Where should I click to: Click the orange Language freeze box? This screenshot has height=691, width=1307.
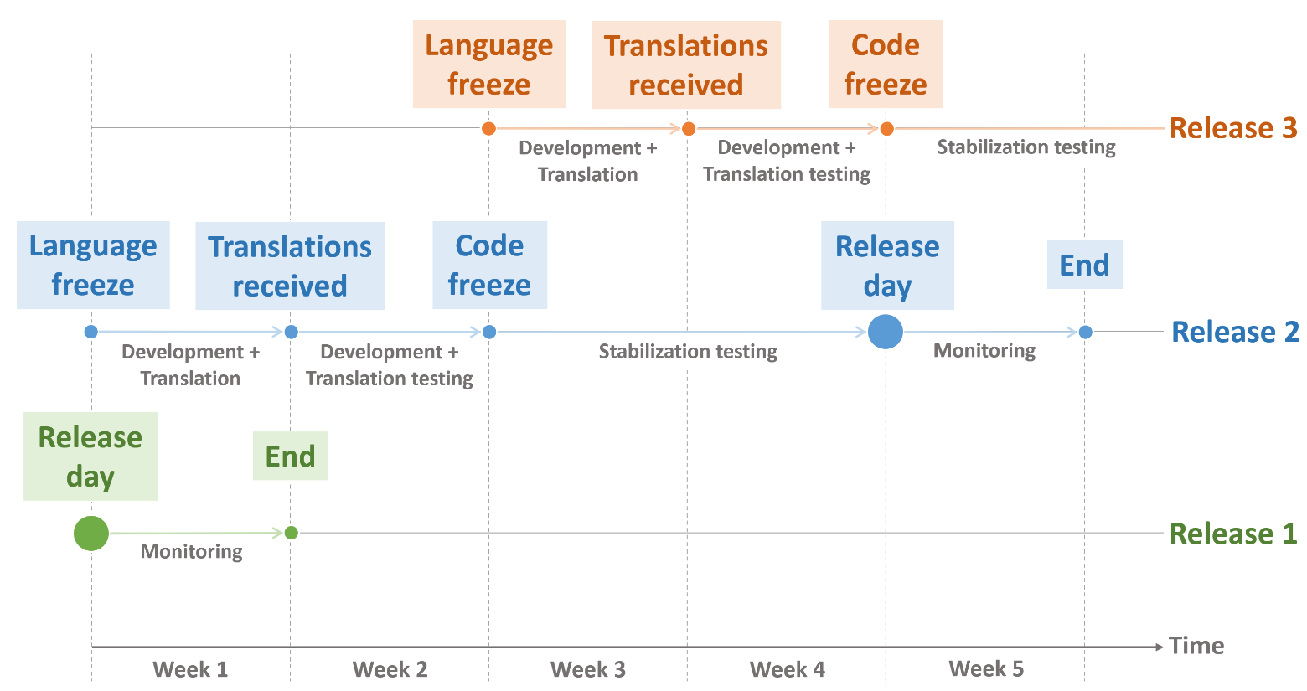[489, 64]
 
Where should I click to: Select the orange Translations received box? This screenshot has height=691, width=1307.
[685, 65]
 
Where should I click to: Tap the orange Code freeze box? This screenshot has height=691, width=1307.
[886, 64]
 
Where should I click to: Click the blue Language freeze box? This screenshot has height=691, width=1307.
[93, 265]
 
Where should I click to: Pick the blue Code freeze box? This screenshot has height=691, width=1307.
[489, 265]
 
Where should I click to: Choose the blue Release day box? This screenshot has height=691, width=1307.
[887, 266]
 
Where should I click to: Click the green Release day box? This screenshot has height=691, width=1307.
[90, 456]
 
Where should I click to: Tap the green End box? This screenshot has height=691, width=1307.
[290, 456]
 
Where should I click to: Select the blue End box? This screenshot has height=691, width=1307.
[1084, 266]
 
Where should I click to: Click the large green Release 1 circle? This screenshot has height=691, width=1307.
[91, 533]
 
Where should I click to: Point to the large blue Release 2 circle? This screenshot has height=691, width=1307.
[886, 332]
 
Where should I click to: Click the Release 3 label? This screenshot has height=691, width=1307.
[1232, 128]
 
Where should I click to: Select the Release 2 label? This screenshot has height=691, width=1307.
[1234, 332]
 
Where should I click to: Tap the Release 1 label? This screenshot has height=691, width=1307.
[1232, 534]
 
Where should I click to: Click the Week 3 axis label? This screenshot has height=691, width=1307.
[588, 669]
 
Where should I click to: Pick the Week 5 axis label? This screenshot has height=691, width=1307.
[986, 668]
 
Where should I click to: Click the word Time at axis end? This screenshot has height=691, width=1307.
[1196, 646]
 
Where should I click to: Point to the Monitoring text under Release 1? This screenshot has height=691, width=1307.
[191, 551]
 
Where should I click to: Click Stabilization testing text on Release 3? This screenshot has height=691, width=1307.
[1025, 147]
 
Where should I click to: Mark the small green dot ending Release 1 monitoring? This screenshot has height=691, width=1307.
[292, 533]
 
